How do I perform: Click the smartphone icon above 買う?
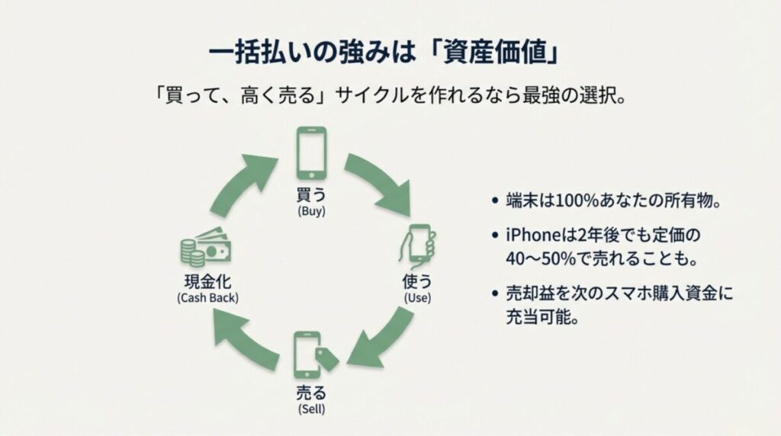click(311, 152)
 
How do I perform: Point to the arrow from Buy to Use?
click(378, 184)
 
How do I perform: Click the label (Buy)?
click(311, 211)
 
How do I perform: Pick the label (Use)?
click(417, 297)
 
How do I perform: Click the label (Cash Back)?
click(207, 297)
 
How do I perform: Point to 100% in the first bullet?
click(561, 202)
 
